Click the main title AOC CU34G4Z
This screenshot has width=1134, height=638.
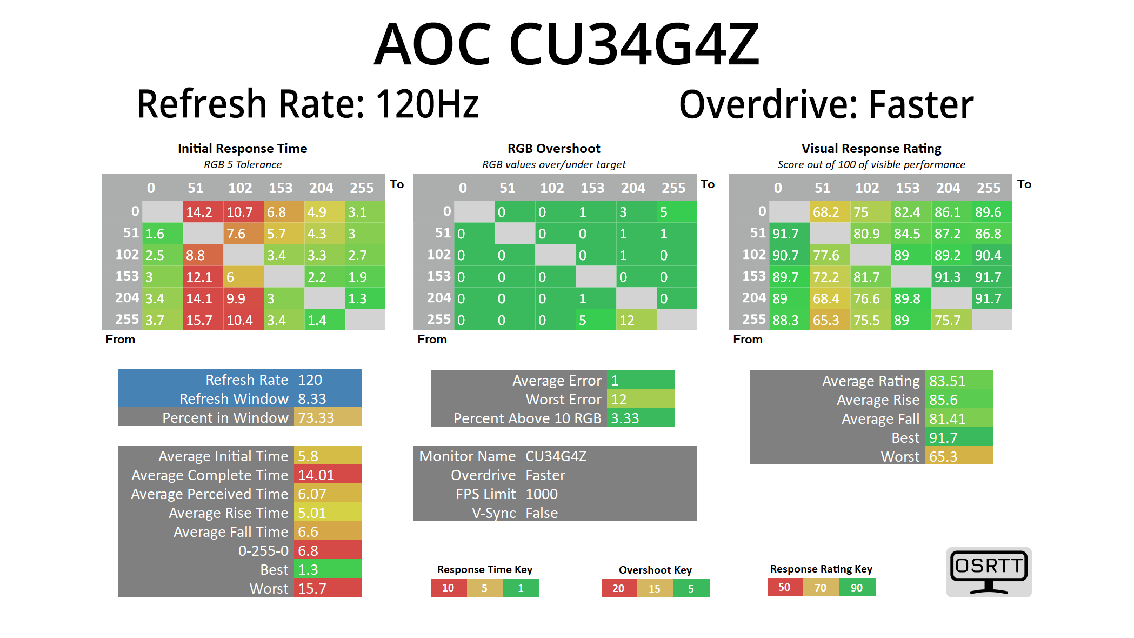tap(566, 44)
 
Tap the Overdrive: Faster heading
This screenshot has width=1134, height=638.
tap(826, 104)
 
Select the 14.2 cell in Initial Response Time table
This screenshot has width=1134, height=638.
tap(203, 212)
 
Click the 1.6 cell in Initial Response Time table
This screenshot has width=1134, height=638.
tap(162, 234)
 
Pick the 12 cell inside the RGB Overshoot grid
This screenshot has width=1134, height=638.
tap(636, 320)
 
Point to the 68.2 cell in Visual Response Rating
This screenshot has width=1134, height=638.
tap(829, 212)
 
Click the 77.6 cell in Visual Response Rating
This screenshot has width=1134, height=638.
tap(829, 255)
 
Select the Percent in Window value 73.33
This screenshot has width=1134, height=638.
tap(326, 417)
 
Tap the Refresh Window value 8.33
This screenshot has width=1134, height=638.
tap(326, 398)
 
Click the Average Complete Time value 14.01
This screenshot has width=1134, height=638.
tap(326, 475)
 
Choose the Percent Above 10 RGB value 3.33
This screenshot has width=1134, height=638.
tap(640, 418)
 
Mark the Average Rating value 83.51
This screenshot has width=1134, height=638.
tap(958, 381)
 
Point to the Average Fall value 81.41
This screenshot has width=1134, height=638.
tap(958, 418)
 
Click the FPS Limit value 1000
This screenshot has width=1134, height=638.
tap(542, 494)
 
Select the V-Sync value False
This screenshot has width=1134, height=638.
tap(542, 513)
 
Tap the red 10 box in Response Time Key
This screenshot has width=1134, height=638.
tap(449, 588)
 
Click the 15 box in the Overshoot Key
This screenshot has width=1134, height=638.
tap(655, 588)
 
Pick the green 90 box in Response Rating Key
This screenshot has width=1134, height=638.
tap(857, 588)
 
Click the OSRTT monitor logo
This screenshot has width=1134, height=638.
tap(989, 572)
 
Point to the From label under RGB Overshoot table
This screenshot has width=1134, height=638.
tap(432, 339)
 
